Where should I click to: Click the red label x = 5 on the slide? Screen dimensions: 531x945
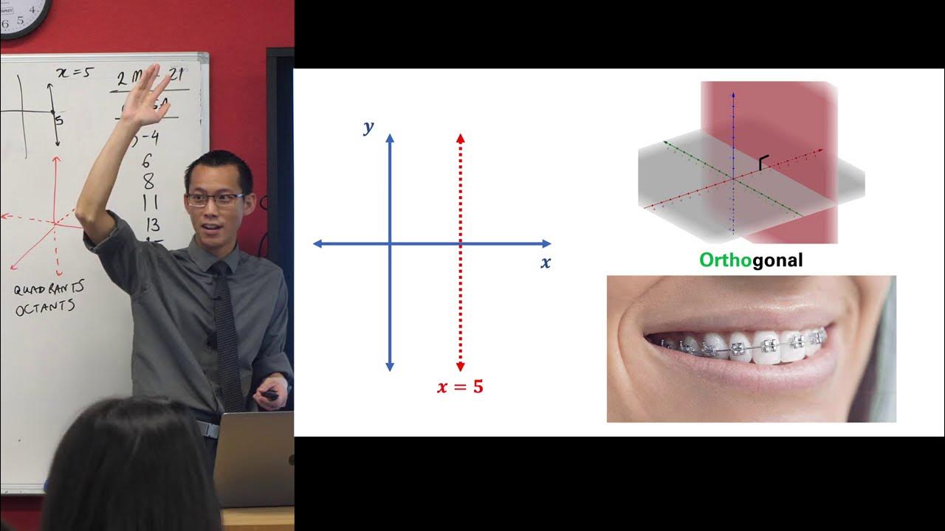(460, 386)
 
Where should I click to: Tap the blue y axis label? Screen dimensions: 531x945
(368, 128)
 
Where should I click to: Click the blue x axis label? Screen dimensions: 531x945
(546, 263)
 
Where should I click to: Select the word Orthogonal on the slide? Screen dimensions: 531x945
(751, 260)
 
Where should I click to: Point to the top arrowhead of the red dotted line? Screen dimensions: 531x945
(460, 138)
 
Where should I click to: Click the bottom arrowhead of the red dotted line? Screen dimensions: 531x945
(460, 367)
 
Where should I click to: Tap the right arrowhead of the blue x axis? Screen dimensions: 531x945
(546, 243)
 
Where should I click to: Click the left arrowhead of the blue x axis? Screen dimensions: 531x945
(318, 243)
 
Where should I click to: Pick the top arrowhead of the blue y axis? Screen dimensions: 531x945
(391, 138)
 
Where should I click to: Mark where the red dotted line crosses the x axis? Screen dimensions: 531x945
(460, 243)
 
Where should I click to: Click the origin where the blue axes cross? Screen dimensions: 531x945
(391, 243)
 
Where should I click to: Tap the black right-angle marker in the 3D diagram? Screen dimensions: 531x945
(763, 163)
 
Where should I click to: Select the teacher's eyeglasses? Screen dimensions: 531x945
(213, 198)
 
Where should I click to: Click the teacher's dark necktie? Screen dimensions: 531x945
(227, 332)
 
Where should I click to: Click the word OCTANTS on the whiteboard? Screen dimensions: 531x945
(44, 307)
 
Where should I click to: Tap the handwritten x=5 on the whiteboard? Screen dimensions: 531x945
(75, 73)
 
